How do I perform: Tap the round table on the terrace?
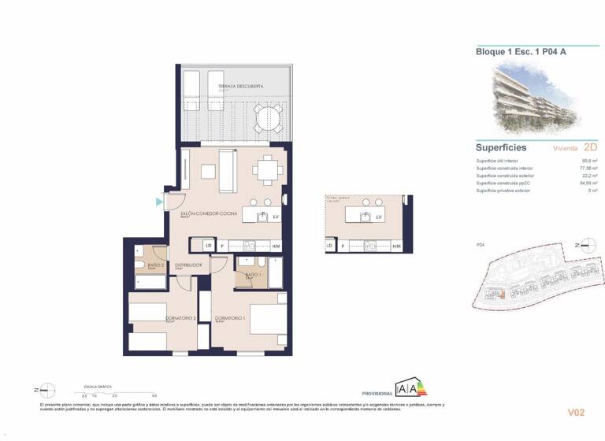[x=265, y=118]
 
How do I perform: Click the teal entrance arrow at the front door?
[x=160, y=203]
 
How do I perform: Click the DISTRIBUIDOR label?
[x=189, y=265]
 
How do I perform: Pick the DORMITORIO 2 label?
[x=180, y=319]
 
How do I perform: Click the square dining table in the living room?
[x=269, y=168]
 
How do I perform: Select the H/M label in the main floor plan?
[x=276, y=246]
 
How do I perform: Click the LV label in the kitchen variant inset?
[x=378, y=217]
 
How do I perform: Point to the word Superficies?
[x=500, y=147]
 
